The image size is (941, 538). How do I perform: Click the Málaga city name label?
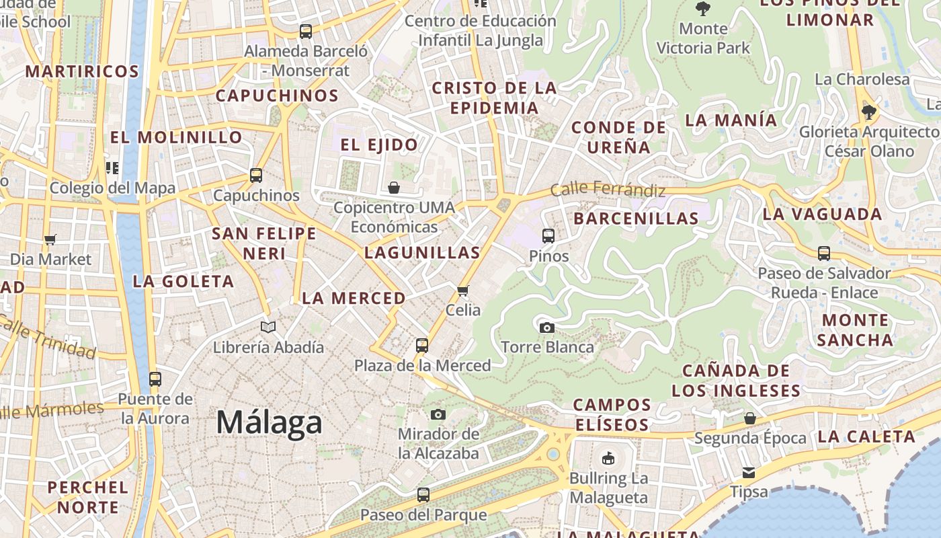pos(269,423)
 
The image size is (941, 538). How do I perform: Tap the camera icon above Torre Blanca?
pos(547,328)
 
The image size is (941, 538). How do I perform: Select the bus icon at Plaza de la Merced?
pos(422,346)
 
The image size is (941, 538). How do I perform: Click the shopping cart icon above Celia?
pos(462,291)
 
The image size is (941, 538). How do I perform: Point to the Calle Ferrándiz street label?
pos(608,190)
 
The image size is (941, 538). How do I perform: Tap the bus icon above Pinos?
pos(548,236)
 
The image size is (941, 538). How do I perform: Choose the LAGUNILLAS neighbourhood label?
pos(422,253)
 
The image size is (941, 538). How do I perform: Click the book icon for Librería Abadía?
pos(268,328)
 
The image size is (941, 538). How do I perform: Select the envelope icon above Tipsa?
pos(749,472)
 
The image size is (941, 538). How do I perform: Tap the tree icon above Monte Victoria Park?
pos(703,9)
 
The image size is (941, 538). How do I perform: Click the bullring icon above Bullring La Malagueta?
pos(608,459)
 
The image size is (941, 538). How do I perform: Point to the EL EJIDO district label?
pos(379,145)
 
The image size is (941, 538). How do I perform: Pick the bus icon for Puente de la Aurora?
pos(155,379)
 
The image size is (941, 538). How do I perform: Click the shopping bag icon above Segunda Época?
pos(750,418)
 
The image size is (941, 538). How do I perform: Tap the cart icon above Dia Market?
pos(50,239)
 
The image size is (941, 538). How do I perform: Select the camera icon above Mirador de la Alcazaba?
pos(438,414)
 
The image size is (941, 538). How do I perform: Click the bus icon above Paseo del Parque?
pos(423,495)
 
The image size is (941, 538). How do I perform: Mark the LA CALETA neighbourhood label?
pos(866,436)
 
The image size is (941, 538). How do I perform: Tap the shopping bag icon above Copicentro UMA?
pos(394,188)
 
